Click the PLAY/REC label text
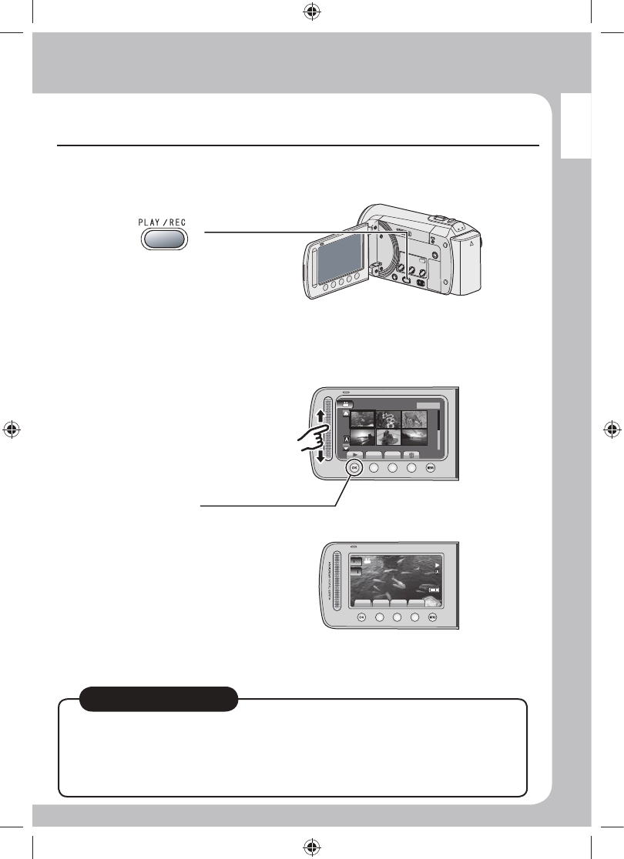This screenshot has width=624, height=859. click(x=163, y=222)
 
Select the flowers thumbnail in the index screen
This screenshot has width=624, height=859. click(x=388, y=418)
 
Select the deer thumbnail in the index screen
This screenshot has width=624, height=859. click(x=414, y=418)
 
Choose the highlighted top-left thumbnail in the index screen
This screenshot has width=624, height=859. click(x=362, y=418)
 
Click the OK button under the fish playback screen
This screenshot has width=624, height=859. click(x=362, y=617)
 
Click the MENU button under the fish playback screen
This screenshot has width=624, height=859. click(x=433, y=617)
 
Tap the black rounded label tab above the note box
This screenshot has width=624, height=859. click(x=158, y=698)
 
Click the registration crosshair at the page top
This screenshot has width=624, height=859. click(x=312, y=12)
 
